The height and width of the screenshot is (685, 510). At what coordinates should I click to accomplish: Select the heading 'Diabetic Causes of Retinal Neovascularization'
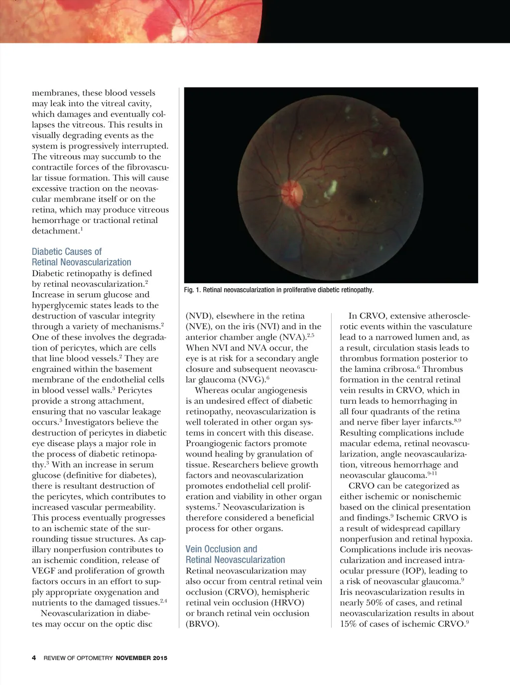(x=81, y=257)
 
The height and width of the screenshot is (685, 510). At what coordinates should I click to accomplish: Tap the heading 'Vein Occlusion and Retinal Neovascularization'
(x=235, y=554)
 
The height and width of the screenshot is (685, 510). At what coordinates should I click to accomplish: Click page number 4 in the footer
(x=34, y=658)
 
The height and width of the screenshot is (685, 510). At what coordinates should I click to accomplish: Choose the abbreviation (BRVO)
(x=202, y=624)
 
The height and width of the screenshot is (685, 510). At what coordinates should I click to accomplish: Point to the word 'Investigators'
(x=92, y=422)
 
